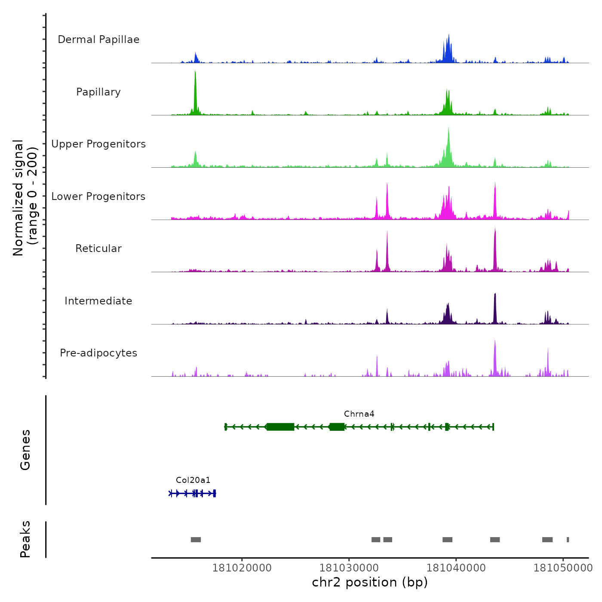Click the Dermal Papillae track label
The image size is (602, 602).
pyautogui.click(x=98, y=40)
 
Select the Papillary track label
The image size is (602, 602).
pyautogui.click(x=98, y=92)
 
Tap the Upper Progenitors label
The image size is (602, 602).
pyautogui.click(x=98, y=144)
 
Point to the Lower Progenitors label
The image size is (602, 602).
pyautogui.click(x=98, y=197)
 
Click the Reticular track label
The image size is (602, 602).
pyautogui.click(x=98, y=249)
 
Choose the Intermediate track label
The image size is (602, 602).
pyautogui.click(x=98, y=301)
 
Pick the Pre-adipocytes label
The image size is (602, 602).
pyautogui.click(x=98, y=353)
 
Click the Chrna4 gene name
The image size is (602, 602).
pyautogui.click(x=359, y=414)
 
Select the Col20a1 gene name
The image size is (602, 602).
pyautogui.click(x=193, y=480)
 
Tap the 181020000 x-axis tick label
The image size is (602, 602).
pyautogui.click(x=242, y=568)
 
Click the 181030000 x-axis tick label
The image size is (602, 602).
pyautogui.click(x=349, y=568)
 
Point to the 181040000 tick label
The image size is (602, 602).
pyautogui.click(x=456, y=568)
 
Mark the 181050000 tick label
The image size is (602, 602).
pyautogui.click(x=563, y=568)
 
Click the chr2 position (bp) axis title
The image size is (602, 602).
pyautogui.click(x=370, y=582)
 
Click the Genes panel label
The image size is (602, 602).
pyautogui.click(x=25, y=450)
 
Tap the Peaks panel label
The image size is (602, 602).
pyautogui.click(x=25, y=539)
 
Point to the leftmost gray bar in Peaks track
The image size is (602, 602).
pyautogui.click(x=196, y=540)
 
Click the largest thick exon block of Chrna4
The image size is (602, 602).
pyautogui.click(x=280, y=427)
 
